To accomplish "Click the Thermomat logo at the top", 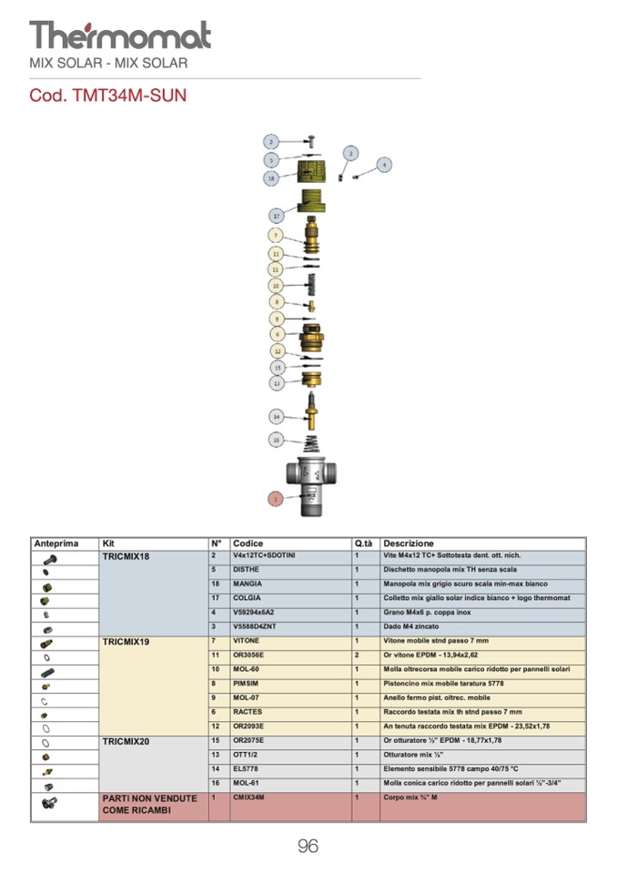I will click(x=119, y=36).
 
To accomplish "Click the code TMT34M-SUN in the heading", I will click(x=108, y=95).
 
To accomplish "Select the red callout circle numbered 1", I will click(x=275, y=498).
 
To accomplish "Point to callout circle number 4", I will click(x=384, y=165).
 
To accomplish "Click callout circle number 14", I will click(x=277, y=416).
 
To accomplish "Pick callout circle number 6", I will click(x=277, y=334).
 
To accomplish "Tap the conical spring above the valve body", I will click(x=313, y=442).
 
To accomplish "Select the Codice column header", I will click(x=248, y=543).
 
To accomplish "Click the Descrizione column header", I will click(x=409, y=543).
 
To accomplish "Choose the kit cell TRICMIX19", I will click(x=126, y=642).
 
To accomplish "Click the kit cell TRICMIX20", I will click(x=126, y=742).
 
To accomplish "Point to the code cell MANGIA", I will click(x=248, y=584).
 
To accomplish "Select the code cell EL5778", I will click(x=247, y=769).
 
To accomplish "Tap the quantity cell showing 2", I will click(x=358, y=655).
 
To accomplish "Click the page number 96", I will click(x=308, y=847).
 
